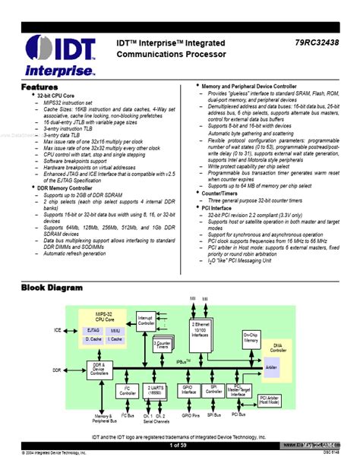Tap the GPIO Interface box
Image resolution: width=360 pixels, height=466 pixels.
click(190, 392)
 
